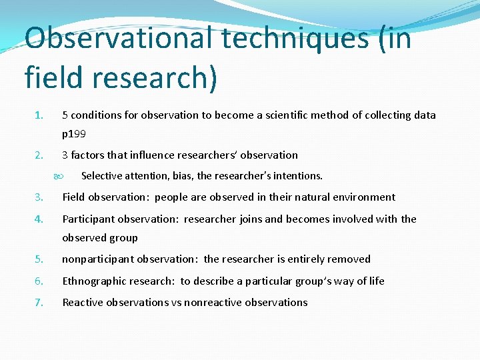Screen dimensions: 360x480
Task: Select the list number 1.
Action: pos(39,115)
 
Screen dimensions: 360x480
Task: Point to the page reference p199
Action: pos(74,133)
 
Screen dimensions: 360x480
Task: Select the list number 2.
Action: pos(39,155)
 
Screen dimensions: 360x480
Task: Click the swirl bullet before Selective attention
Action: pos(58,177)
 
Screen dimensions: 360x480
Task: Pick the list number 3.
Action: pos(39,197)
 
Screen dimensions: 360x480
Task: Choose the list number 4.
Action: pos(39,219)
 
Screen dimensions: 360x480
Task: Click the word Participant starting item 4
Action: pos(89,219)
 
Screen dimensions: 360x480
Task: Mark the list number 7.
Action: pos(39,303)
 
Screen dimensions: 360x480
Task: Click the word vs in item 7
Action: pos(177,302)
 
